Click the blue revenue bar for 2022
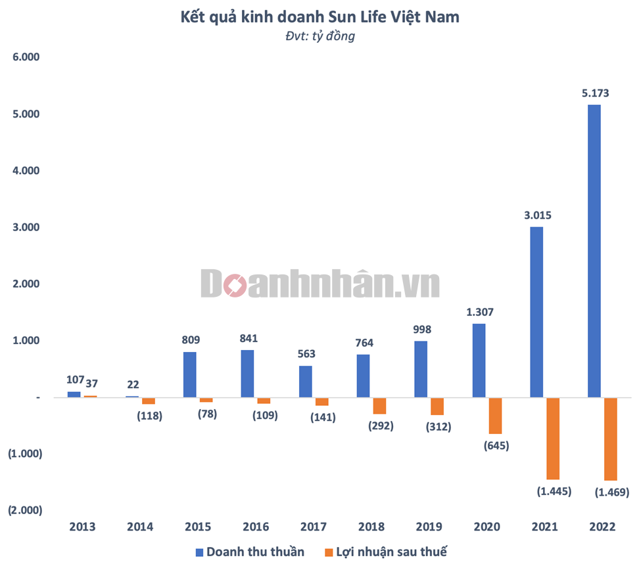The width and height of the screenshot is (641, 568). point(594,251)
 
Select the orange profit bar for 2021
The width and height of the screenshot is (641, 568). point(552,438)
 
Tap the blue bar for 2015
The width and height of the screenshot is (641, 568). point(190,374)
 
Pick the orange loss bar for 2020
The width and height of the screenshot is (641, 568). point(495,416)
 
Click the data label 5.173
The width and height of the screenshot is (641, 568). point(595,93)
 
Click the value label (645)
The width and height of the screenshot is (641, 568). point(496,446)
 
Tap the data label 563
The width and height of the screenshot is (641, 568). point(306,354)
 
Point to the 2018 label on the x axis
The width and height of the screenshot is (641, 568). point(371,527)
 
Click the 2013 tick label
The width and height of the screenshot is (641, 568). point(82,527)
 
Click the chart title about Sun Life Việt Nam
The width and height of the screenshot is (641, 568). point(320,18)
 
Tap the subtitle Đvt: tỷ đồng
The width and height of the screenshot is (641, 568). point(320,36)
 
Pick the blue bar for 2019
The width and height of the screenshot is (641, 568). point(421,369)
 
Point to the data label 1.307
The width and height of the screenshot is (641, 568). point(479,312)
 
